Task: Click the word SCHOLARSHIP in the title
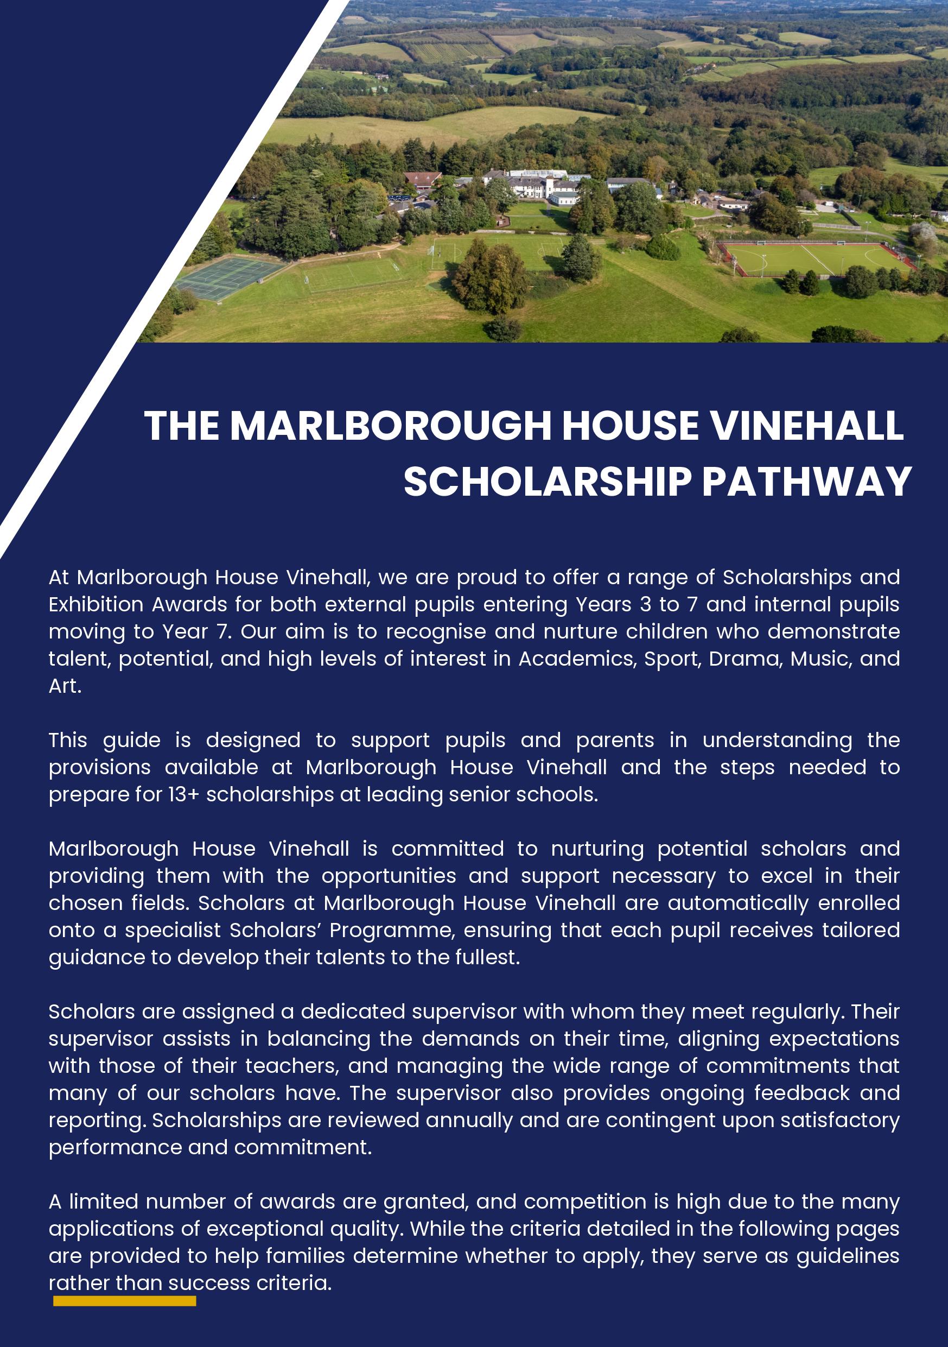pyautogui.click(x=548, y=482)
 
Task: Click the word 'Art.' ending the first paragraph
pyautogui.click(x=65, y=686)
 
